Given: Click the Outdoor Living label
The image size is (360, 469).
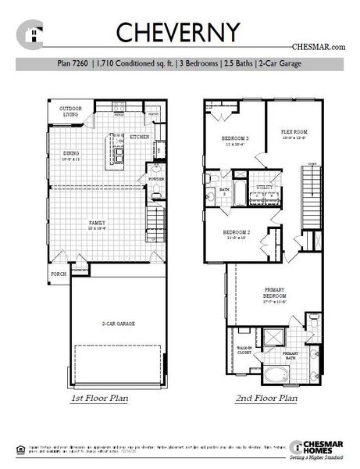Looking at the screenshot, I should click(73, 111).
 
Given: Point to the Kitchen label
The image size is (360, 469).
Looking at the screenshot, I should click(140, 137).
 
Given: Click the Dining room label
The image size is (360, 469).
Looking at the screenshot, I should click(71, 154).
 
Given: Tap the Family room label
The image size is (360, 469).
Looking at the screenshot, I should click(97, 224).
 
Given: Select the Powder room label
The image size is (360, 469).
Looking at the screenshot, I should click(155, 178).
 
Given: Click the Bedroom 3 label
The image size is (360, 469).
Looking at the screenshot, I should click(235, 138).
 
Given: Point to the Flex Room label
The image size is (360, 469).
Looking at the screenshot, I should click(294, 132).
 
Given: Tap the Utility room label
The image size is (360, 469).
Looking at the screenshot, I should click(264, 187).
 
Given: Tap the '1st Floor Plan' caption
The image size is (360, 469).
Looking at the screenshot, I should click(100, 399).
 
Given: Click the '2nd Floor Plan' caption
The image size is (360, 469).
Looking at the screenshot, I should click(266, 399).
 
